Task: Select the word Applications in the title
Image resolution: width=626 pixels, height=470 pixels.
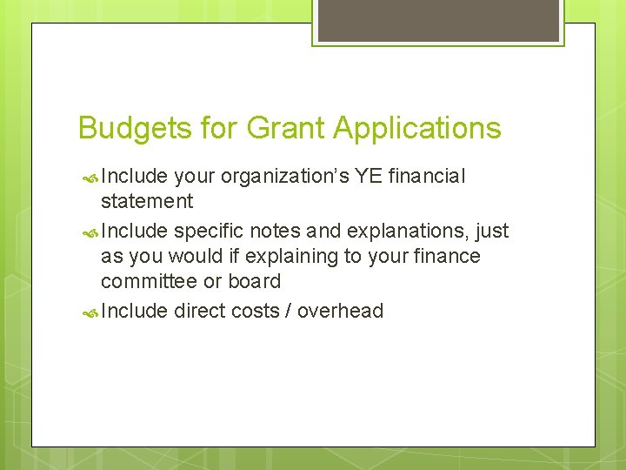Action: pos(418,129)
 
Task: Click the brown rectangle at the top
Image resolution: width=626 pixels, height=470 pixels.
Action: pos(438,20)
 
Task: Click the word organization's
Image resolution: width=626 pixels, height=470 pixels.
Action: pos(284,177)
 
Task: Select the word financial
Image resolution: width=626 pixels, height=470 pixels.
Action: pos(427,177)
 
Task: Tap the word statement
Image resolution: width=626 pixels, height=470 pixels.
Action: pos(147,202)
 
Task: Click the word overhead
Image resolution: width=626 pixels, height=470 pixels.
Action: pos(340,311)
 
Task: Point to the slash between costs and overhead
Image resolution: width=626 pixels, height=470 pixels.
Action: pos(286,311)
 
